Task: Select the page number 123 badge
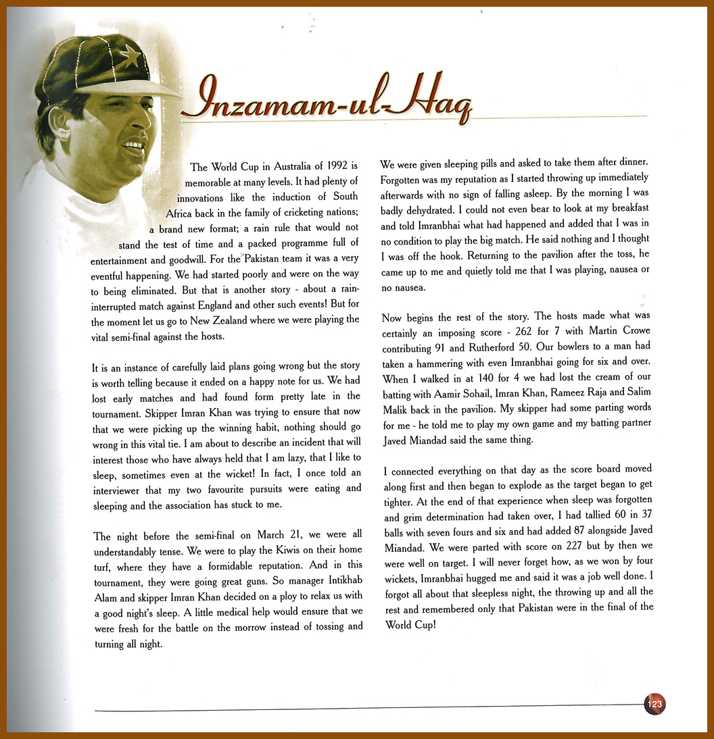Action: [x=655, y=704]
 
